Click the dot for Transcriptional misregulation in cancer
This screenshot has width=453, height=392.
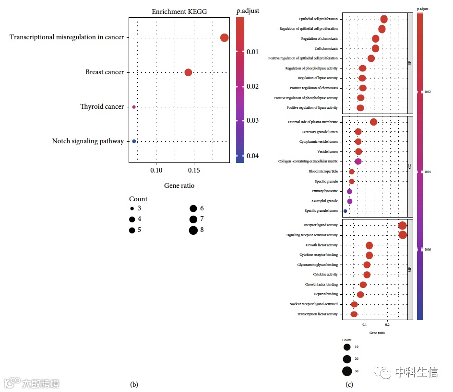pos(224,38)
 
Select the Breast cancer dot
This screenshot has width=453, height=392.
pos(188,72)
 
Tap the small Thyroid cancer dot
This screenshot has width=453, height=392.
pos(134,107)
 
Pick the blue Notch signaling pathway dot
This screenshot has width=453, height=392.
pos(134,141)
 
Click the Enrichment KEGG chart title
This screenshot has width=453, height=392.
pos(179,12)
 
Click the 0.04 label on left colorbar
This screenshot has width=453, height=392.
pos(253,156)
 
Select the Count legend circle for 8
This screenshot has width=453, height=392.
pos(193,231)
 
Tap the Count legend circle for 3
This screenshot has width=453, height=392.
pos(131,209)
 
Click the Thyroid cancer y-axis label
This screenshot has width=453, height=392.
pos(102,106)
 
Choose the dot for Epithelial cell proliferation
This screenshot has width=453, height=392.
pos(384,19)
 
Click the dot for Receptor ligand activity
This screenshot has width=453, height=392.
pos(402,225)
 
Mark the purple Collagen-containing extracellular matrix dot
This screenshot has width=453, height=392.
pos(358,161)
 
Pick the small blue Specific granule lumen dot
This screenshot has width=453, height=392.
pos(345,211)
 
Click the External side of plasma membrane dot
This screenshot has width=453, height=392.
pos(373,122)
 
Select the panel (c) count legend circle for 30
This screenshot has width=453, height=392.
pos(347,371)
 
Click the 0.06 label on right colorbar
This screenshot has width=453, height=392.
pos(428,250)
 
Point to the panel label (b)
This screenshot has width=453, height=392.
pos(134,384)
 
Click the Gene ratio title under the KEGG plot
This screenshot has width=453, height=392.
pos(179,185)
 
